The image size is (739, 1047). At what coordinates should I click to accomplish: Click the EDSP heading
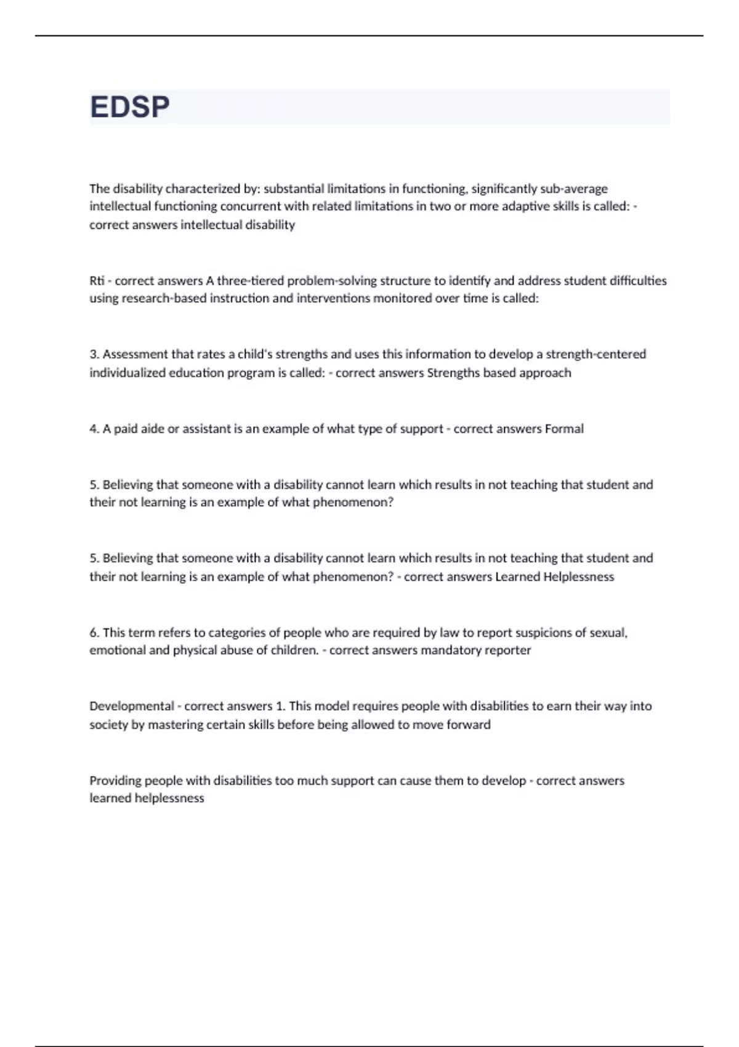click(130, 107)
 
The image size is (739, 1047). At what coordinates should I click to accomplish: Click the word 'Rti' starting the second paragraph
click(97, 281)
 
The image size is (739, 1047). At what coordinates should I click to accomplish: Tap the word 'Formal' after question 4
click(564, 429)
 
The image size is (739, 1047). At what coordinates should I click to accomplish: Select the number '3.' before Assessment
click(95, 354)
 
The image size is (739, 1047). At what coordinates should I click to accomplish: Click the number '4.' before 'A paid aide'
click(95, 429)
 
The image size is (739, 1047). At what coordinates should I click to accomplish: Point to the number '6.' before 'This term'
click(95, 633)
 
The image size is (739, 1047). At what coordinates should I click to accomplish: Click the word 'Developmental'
click(132, 706)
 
